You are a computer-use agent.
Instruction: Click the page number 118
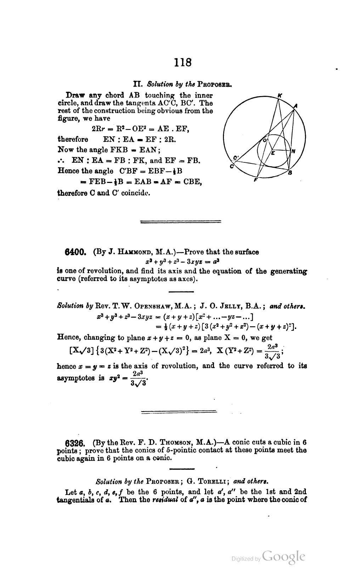pos(183,62)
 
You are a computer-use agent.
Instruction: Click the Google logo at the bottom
pos(284,557)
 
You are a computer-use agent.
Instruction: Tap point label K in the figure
pos(280,95)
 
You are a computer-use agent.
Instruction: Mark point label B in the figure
pos(290,173)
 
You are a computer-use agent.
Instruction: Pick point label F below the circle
pos(255,180)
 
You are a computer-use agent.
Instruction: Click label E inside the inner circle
pos(273,153)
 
